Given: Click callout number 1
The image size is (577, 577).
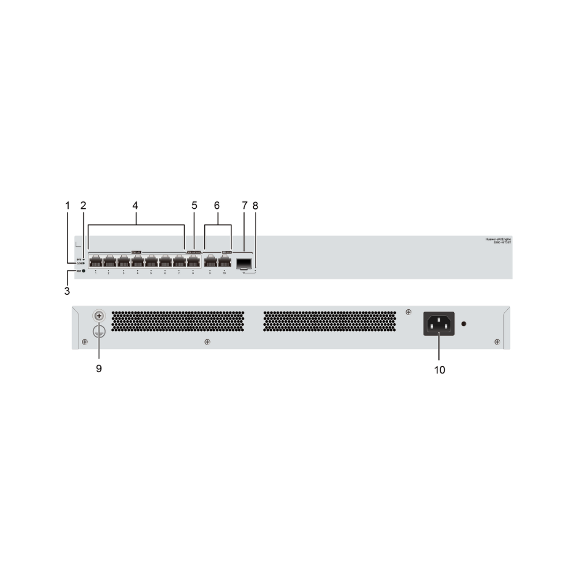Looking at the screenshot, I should point(68,205).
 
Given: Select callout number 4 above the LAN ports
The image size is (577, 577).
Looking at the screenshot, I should point(136,205).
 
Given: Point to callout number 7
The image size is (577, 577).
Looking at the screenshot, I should point(245,205).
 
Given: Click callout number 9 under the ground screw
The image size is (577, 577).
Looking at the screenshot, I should point(99,368).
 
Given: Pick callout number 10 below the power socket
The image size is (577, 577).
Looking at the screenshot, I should point(440,370).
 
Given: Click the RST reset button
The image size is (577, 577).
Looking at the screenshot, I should point(84,271).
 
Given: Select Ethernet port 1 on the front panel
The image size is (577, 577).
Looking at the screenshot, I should point(96,261).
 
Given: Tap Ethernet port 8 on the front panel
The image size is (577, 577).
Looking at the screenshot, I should point(193,261).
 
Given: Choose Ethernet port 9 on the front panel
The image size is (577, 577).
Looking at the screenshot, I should point(211,261).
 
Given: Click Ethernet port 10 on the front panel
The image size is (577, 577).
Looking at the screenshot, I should point(224,261).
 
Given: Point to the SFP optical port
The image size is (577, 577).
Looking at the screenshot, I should point(243,264).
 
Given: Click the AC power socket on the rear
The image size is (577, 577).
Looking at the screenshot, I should point(439,324).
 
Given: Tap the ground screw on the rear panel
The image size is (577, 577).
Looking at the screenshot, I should point(99,316).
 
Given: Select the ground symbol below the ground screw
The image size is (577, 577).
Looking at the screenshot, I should point(99,331).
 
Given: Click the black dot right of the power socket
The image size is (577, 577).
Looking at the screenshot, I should point(464,324).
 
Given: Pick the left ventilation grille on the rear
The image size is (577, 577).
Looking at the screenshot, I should point(178,322).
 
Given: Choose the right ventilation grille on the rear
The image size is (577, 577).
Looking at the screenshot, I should point(329,322).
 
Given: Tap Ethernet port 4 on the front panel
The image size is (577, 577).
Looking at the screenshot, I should point(137,261).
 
